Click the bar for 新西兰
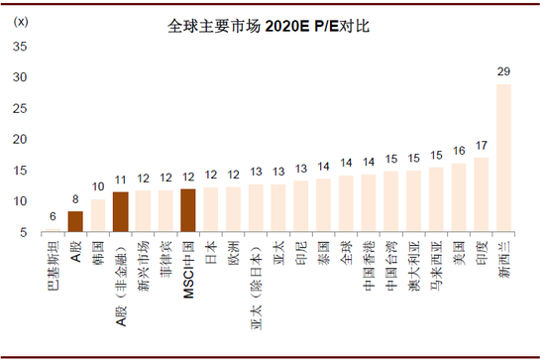pyautogui.click(x=504, y=159)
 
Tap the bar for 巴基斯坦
pyautogui.click(x=53, y=230)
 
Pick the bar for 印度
pyautogui.click(x=482, y=194)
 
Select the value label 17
pyautogui.click(x=482, y=146)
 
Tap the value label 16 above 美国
pyautogui.click(x=459, y=152)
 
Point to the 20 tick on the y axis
pyautogui.click(x=19, y=139)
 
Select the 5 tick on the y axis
pyautogui.click(x=22, y=232)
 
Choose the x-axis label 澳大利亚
pyautogui.click(x=414, y=262)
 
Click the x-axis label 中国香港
pyautogui.click(x=369, y=262)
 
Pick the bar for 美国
pyautogui.click(x=459, y=197)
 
